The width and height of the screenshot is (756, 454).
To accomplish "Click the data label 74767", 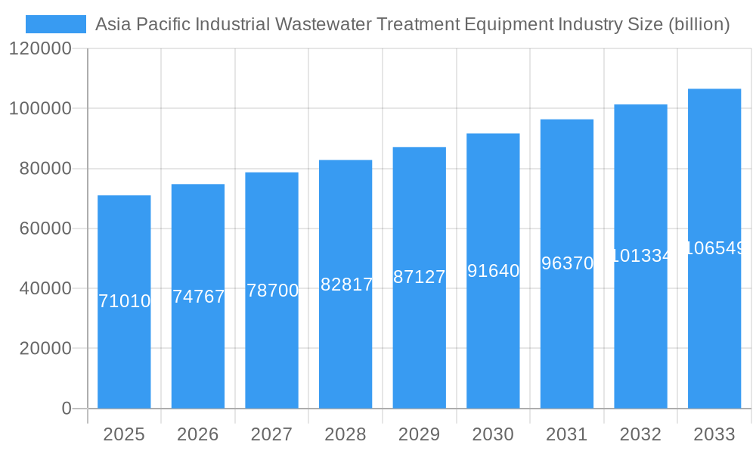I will (x=198, y=297).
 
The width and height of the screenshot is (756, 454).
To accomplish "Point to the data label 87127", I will (x=420, y=277).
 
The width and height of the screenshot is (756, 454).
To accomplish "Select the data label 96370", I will (x=567, y=263).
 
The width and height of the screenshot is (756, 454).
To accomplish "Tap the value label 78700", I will (x=272, y=291).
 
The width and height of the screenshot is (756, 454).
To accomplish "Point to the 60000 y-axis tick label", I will (x=45, y=229).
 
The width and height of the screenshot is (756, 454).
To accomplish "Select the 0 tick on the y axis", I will (x=66, y=409).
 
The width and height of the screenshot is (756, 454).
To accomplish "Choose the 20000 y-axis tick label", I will (x=45, y=349).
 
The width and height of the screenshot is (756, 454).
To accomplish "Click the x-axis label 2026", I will (x=198, y=434).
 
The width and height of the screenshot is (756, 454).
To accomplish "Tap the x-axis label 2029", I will (x=420, y=434).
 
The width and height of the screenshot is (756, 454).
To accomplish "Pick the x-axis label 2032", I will (x=640, y=434).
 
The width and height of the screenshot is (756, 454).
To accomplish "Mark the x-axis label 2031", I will (x=567, y=434).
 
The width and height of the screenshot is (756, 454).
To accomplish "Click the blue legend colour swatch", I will (x=56, y=24).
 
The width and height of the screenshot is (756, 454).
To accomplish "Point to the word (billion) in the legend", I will (x=699, y=24).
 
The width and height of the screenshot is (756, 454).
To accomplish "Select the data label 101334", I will (x=640, y=256).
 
